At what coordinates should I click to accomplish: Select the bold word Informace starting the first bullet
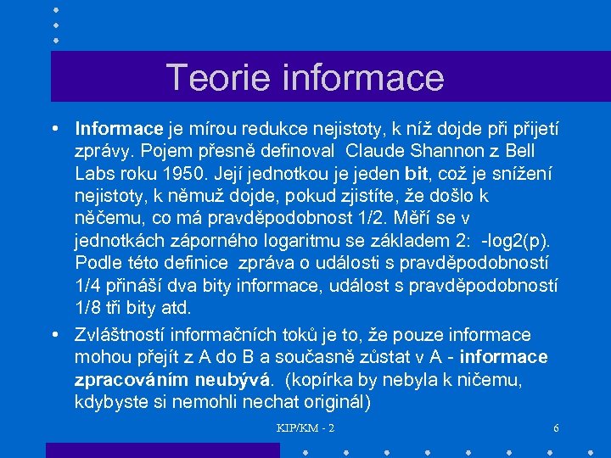tap(118, 129)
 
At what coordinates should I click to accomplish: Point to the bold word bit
tap(417, 173)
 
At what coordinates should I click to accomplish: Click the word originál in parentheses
tap(330, 401)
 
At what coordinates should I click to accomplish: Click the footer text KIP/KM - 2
tap(305, 428)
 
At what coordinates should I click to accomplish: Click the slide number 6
tap(556, 428)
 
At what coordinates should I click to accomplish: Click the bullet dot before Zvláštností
tap(54, 334)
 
